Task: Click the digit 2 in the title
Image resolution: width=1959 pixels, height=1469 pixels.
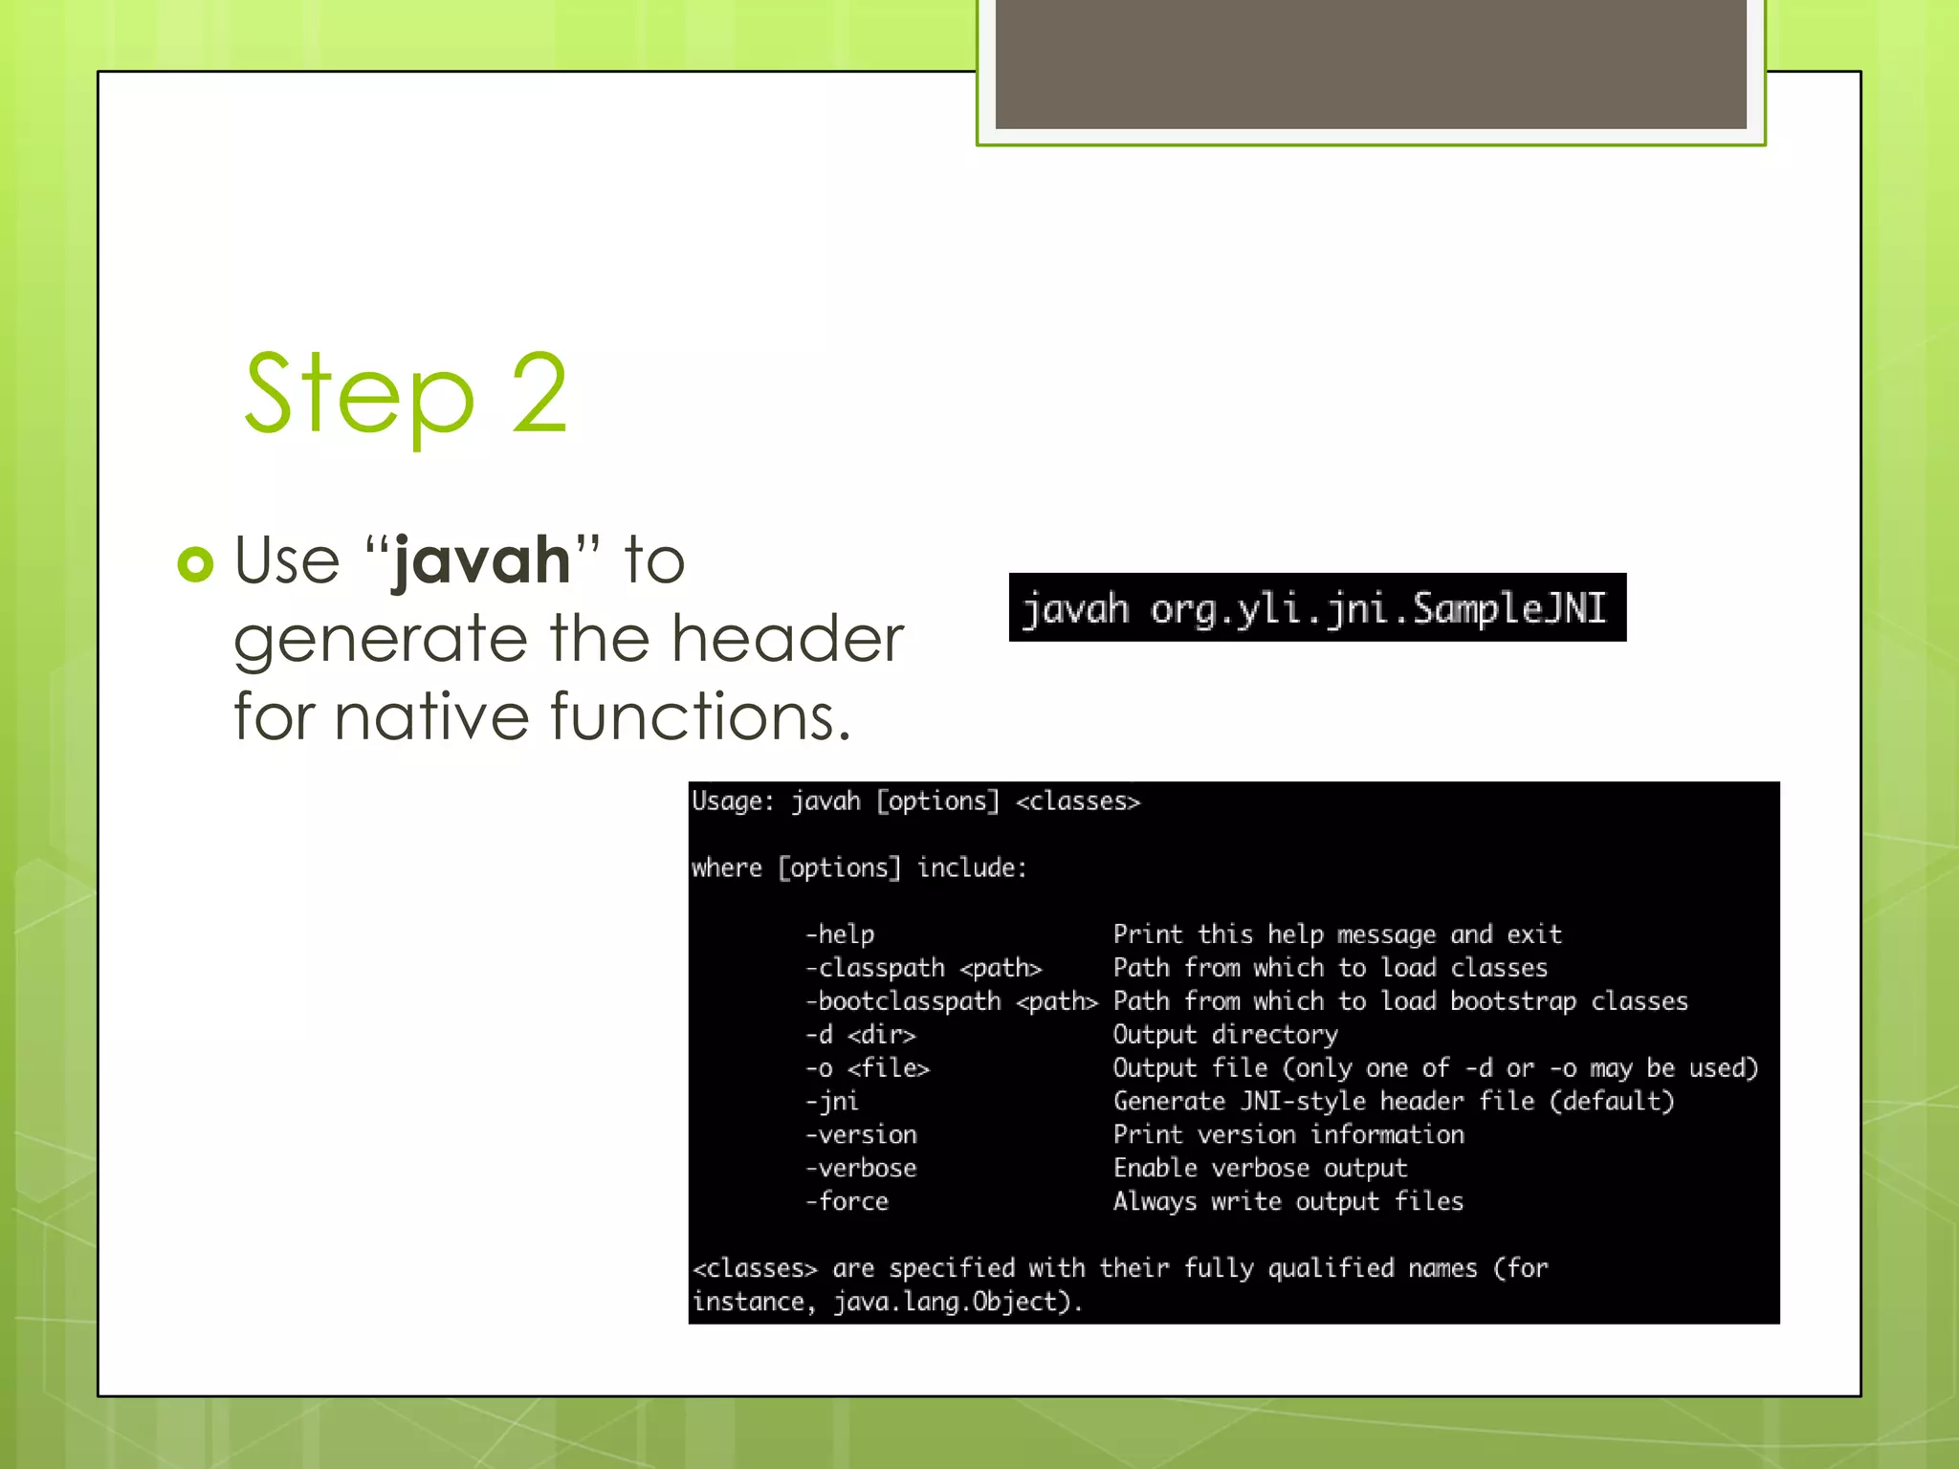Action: click(540, 394)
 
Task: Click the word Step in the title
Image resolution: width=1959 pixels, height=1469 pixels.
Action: click(360, 394)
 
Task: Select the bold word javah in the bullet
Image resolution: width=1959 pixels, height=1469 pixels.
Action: click(482, 560)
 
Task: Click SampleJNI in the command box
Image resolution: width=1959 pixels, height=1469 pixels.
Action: click(1509, 608)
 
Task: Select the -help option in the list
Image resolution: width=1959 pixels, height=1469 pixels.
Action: click(840, 934)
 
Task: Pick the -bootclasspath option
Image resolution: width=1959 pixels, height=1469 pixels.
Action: click(903, 1001)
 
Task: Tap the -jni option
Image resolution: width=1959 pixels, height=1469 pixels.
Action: click(831, 1101)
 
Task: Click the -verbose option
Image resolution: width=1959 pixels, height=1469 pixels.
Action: click(861, 1168)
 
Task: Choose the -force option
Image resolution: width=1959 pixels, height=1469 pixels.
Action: click(847, 1201)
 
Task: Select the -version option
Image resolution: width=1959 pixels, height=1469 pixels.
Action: click(861, 1134)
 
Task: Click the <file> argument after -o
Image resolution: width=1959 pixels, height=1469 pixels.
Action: click(889, 1067)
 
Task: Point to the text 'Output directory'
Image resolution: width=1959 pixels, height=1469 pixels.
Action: click(1225, 1035)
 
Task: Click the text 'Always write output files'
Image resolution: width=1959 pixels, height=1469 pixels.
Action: click(1288, 1201)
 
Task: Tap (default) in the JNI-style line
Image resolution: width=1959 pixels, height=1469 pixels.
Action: click(1612, 1101)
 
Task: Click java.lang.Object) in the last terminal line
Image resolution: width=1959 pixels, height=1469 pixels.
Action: click(957, 1302)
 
